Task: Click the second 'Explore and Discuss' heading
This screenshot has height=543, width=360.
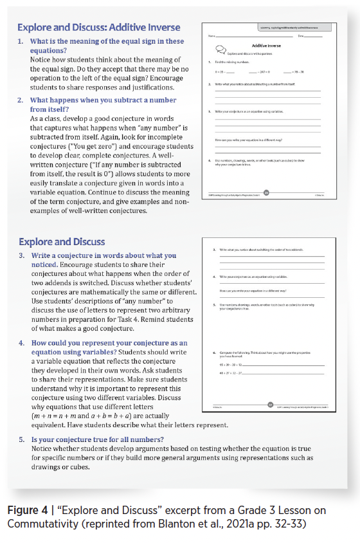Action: [x=62, y=242]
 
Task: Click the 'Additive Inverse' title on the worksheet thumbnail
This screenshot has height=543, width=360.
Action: [x=267, y=46]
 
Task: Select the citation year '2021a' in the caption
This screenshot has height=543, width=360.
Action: [x=242, y=523]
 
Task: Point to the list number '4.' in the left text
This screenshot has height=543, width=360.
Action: [x=22, y=344]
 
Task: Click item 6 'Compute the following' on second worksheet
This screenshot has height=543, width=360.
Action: [x=257, y=353]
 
